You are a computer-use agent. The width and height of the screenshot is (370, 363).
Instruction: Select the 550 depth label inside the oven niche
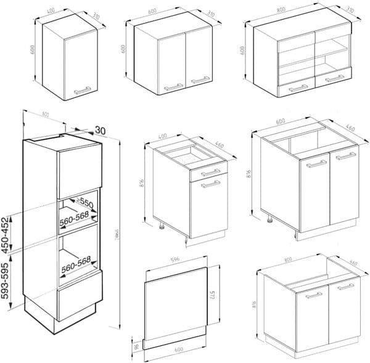(85, 203)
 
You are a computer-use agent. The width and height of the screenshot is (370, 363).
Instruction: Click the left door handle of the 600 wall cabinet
(173, 87)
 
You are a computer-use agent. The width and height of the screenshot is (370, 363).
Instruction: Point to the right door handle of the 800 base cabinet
(345, 287)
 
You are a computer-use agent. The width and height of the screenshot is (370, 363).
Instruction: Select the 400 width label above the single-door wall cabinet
(51, 10)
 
